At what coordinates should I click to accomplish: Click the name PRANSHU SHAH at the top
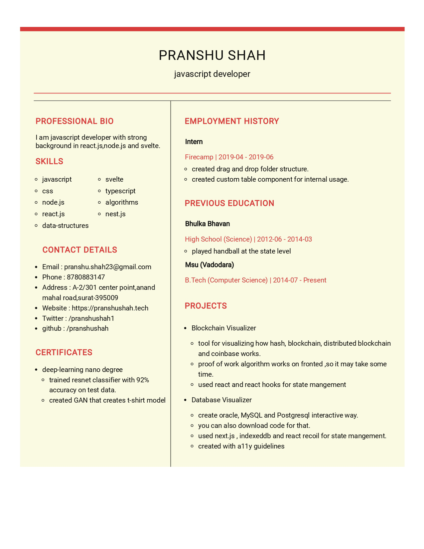click(212, 55)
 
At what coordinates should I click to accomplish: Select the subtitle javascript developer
click(212, 74)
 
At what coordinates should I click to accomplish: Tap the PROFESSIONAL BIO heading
click(74, 121)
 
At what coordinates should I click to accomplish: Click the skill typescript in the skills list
click(120, 191)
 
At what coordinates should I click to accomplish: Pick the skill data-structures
click(65, 226)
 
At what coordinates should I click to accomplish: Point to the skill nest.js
click(115, 214)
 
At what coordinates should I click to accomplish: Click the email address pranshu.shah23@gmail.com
click(107, 267)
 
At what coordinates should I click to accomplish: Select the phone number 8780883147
click(86, 277)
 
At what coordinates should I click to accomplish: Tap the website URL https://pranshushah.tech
click(110, 308)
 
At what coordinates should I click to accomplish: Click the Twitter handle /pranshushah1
click(91, 318)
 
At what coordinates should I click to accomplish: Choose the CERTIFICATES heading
click(64, 352)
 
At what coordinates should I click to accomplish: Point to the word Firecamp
click(199, 157)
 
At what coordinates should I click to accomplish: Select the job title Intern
click(194, 142)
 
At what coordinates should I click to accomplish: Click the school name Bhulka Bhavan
click(208, 224)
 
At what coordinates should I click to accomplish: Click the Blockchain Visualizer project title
click(224, 328)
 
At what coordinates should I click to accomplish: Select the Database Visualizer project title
click(221, 400)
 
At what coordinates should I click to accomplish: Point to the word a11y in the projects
click(244, 446)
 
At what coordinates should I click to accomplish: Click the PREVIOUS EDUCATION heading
click(229, 203)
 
